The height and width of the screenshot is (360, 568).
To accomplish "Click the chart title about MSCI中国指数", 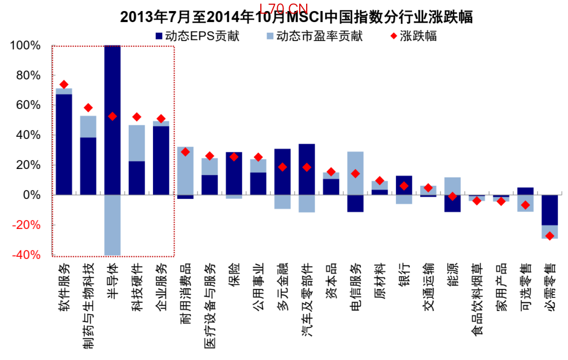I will (296, 17).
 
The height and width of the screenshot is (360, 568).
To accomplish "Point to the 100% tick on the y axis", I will (25, 45).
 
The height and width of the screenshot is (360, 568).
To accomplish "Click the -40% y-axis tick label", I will (25, 255).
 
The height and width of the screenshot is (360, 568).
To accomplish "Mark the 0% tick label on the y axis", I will (32, 195).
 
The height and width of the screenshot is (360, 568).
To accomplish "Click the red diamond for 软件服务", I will (64, 84).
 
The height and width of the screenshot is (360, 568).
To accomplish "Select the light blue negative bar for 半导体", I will (113, 225).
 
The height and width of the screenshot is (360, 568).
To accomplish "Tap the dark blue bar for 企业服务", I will (161, 161).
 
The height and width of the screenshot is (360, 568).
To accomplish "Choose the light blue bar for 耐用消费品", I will (185, 171).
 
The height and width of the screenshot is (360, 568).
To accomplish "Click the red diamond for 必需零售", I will (550, 236).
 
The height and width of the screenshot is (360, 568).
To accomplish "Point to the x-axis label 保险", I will (234, 273).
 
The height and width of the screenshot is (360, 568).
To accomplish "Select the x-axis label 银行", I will (404, 273).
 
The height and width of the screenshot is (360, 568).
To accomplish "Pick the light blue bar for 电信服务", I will (355, 173).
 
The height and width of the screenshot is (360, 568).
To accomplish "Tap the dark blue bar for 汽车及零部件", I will (307, 169).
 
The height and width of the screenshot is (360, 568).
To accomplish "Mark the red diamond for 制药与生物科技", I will (88, 108).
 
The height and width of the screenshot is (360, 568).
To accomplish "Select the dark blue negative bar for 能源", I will (452, 203).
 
